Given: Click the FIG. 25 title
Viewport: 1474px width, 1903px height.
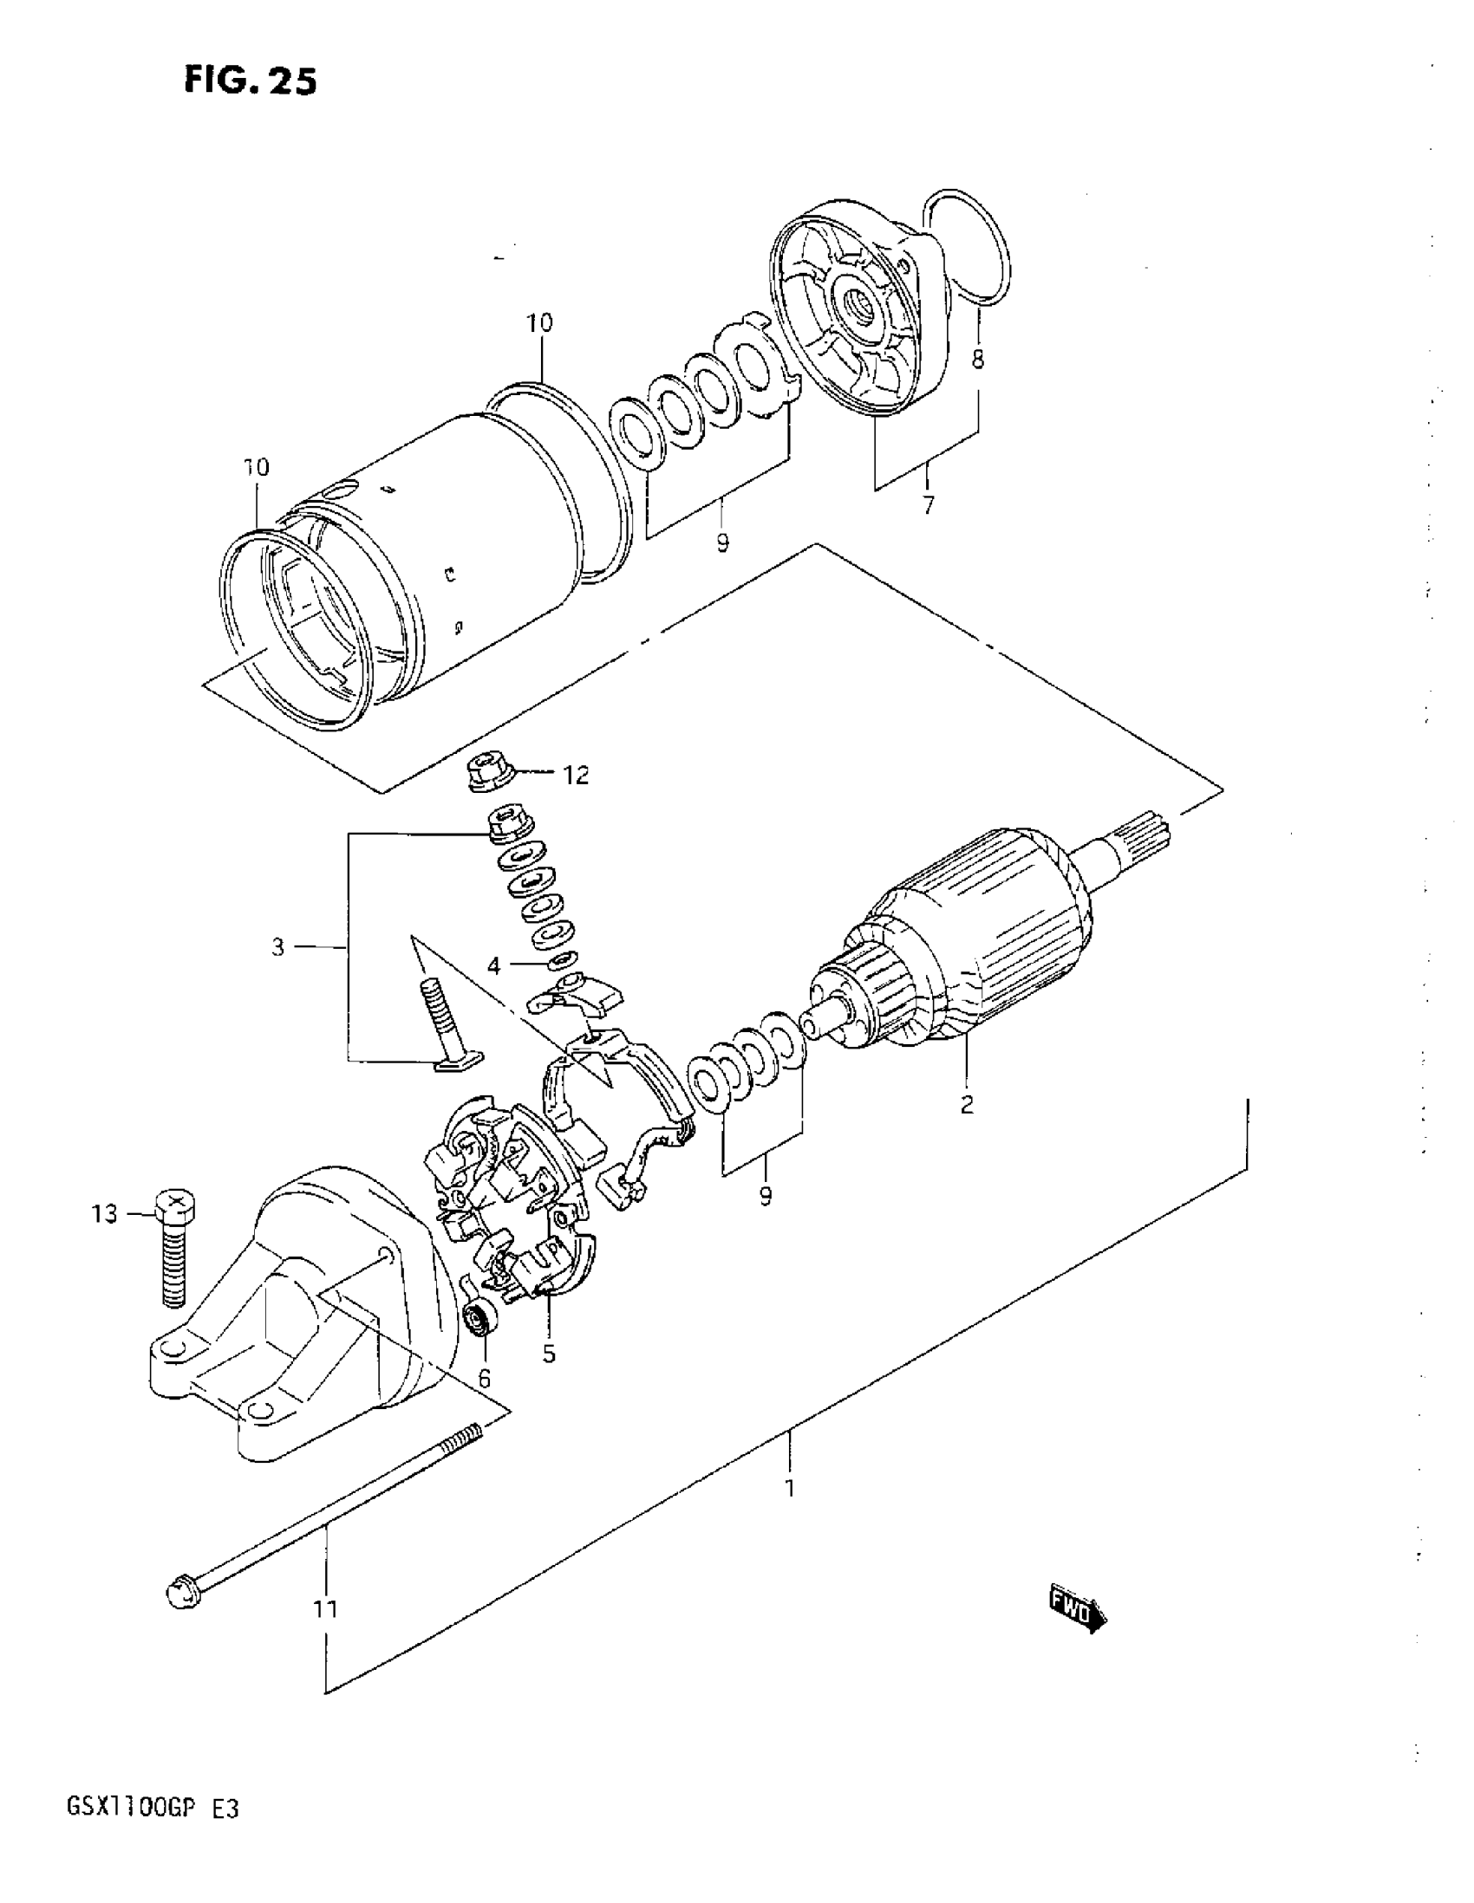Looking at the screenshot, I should (251, 81).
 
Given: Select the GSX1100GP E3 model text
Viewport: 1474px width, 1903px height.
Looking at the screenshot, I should (152, 1833).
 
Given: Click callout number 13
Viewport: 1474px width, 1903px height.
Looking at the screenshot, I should (105, 1214).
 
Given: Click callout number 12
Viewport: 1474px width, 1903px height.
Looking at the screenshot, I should (577, 775).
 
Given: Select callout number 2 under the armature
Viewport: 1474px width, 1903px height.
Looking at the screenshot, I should (966, 1105).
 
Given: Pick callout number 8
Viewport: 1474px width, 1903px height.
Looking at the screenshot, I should (978, 359).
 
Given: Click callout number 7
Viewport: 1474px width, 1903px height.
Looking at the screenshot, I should (928, 504).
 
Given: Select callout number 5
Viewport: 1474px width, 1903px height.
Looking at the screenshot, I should (548, 1354).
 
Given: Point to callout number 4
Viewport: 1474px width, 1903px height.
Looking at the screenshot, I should (494, 965).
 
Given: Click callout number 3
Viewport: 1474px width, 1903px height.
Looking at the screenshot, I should (278, 946).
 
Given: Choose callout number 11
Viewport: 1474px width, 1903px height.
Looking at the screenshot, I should (325, 1608).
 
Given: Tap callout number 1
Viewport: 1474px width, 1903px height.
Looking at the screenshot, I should (790, 1487).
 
